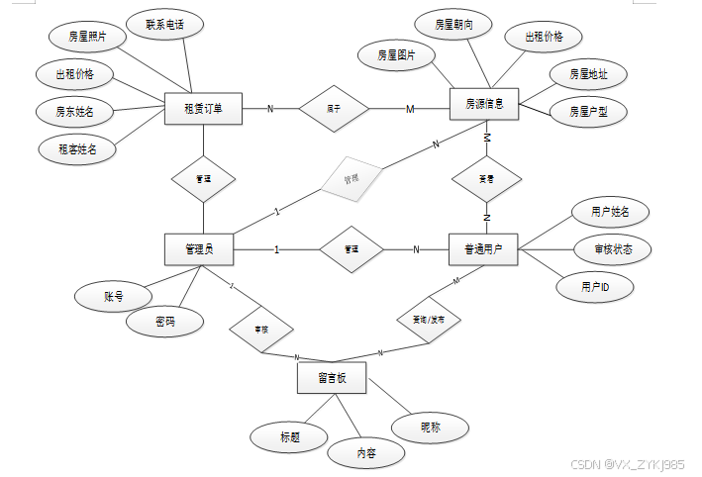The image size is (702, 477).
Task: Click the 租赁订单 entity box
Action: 202,107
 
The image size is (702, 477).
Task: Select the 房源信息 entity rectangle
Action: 487,103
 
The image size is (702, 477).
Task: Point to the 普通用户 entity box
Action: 482,248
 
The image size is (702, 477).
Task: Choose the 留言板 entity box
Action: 332,378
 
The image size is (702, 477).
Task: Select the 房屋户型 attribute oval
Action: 588,113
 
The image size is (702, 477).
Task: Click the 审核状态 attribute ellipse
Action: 613,248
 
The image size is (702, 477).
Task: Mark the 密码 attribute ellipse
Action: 165,322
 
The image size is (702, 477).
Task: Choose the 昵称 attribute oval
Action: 430,428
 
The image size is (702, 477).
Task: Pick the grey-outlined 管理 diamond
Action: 351,180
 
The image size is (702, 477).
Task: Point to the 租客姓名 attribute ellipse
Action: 77,149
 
